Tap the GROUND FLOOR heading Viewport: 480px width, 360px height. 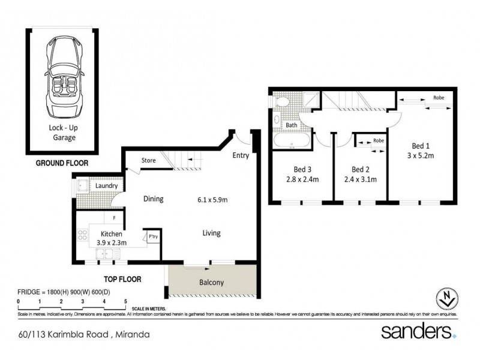[x=62, y=162]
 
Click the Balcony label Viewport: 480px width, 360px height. [x=211, y=282]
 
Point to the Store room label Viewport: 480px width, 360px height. [x=149, y=161]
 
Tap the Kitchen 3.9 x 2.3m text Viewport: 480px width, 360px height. [x=112, y=239]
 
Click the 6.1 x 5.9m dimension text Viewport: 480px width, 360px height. [x=212, y=200]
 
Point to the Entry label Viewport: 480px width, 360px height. [x=241, y=155]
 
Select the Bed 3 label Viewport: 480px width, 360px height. [x=301, y=169]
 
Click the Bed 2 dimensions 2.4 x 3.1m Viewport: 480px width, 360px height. [x=360, y=179]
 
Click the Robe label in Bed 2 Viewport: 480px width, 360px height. [x=378, y=140]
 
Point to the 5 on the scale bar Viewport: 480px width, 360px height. [x=125, y=301]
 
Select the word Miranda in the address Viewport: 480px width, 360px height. [x=132, y=334]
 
